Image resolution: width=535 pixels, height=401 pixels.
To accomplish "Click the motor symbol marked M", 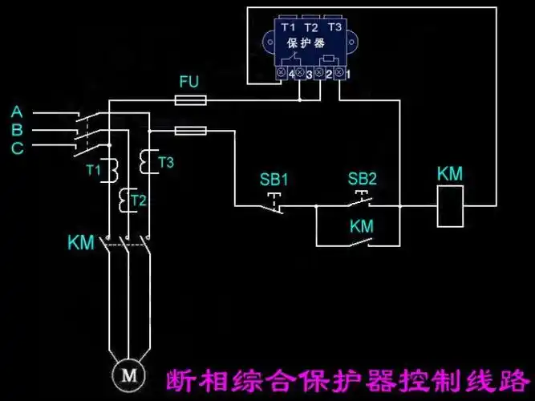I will [125, 373].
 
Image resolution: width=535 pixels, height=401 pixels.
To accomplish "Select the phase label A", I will [18, 111].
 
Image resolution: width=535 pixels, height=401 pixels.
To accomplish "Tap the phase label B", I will [18, 130].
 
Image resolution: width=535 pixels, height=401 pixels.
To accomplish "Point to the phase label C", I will [18, 148].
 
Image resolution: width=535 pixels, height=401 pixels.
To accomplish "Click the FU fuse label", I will [188, 82].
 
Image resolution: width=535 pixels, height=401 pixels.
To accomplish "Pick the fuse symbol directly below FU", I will [191, 100].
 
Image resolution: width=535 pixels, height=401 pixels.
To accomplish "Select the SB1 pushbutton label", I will [274, 179].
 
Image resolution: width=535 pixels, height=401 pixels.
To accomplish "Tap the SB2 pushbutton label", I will [362, 179].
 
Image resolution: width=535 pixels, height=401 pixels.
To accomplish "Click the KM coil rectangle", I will [449, 205].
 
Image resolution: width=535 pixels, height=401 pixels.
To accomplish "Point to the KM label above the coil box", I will [449, 174].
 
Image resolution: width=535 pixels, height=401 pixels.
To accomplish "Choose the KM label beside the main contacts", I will [83, 241].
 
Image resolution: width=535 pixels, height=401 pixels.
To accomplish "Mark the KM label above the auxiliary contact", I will [362, 227].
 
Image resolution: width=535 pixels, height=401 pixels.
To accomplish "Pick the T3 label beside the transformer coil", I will [165, 162].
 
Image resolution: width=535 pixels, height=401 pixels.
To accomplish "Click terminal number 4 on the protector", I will [290, 74].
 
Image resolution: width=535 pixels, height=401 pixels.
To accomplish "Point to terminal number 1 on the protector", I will [347, 74].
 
